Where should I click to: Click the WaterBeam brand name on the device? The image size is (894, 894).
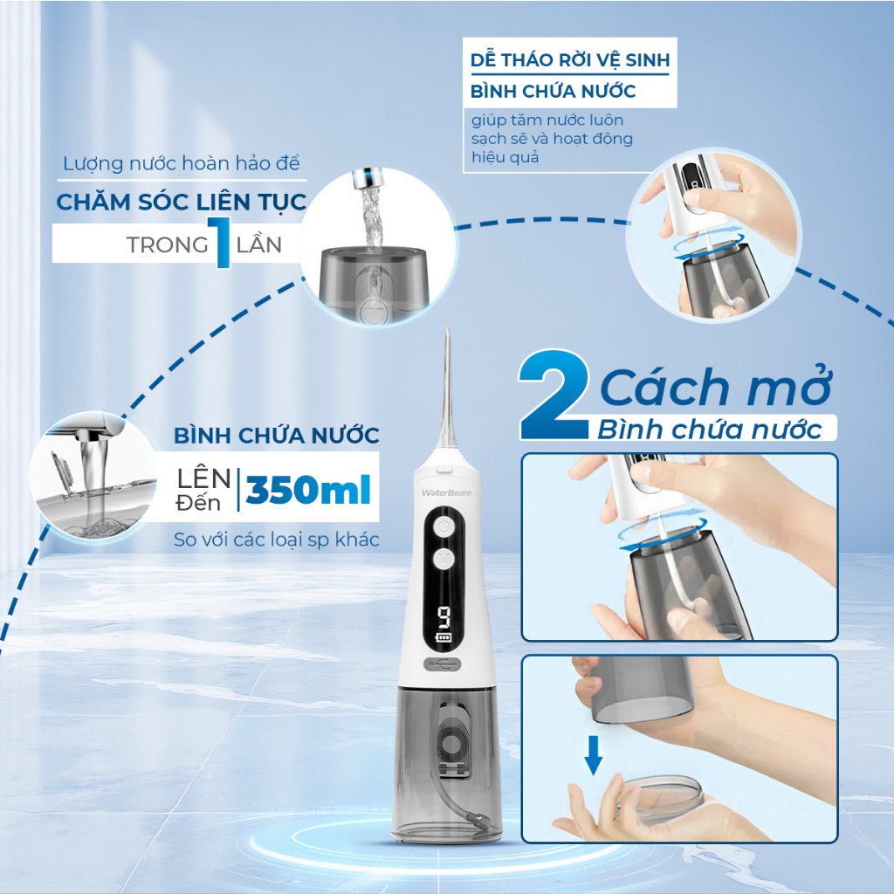click(x=446, y=492)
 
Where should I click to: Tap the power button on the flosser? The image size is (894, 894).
click(x=444, y=526)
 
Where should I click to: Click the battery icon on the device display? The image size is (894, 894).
click(x=443, y=637)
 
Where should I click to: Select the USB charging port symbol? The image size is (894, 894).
click(x=443, y=664)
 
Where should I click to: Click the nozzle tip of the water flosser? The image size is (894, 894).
click(x=447, y=328)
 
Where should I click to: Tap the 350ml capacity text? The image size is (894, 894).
click(x=308, y=490)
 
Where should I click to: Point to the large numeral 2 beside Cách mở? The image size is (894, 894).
click(x=554, y=395)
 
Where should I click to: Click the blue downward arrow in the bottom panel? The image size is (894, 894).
click(x=594, y=754)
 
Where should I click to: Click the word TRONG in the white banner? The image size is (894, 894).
click(x=167, y=245)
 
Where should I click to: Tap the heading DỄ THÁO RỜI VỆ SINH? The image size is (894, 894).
click(x=570, y=60)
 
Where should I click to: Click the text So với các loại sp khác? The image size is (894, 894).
click(x=277, y=540)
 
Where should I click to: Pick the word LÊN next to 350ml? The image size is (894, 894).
click(x=203, y=478)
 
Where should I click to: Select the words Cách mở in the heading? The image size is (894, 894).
click(x=716, y=387)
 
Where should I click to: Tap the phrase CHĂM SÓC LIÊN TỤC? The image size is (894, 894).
click(x=182, y=202)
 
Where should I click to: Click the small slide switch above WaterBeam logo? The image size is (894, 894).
click(x=445, y=469)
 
